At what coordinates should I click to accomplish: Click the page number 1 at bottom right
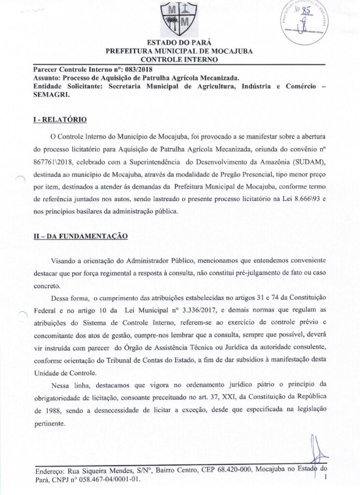click(x=327, y=477)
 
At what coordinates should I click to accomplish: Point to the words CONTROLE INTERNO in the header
click(x=180, y=59)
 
